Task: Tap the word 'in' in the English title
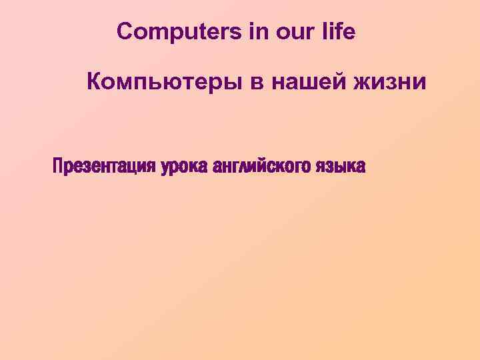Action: [x=257, y=31]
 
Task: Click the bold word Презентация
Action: [x=105, y=165]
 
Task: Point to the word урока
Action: [x=183, y=165]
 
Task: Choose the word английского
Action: [x=259, y=165]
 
